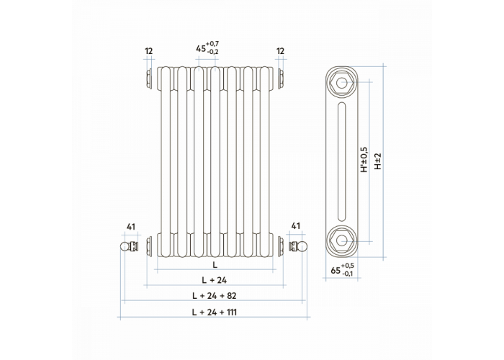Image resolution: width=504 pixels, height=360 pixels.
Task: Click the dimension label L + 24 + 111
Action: [x=214, y=312]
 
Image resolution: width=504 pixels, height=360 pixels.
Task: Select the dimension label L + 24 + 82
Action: [x=214, y=295]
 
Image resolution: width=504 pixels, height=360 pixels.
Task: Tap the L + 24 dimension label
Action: [x=214, y=280]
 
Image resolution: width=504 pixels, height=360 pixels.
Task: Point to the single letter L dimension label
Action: [x=215, y=265]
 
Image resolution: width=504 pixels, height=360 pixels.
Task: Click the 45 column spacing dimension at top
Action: [x=207, y=48]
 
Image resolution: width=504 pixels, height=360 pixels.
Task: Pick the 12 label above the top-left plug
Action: [x=148, y=51]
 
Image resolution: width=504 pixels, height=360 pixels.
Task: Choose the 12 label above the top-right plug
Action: [x=280, y=51]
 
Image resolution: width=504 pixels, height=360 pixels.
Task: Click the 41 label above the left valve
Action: [x=130, y=227]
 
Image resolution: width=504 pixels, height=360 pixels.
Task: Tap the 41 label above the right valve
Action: [x=295, y=226]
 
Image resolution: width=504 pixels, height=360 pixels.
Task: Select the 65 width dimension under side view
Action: [x=342, y=270]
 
